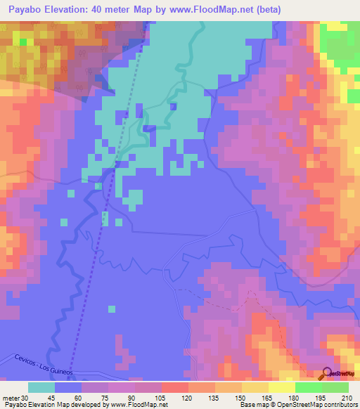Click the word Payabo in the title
pos(20,9)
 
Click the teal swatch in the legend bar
pos(41,387)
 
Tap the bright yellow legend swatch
pos(282,387)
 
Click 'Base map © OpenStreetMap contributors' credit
pos(297,405)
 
